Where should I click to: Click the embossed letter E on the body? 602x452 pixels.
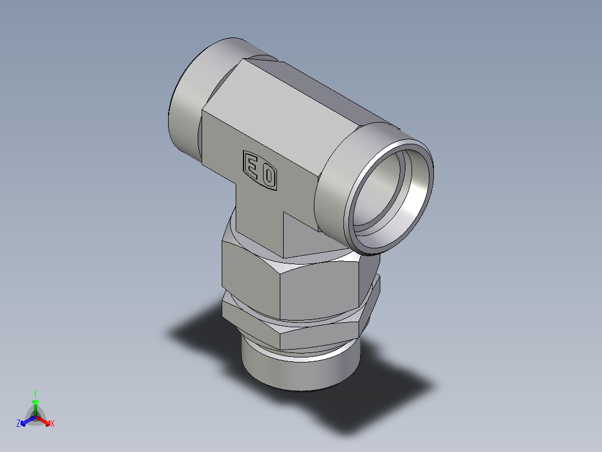coord(252,166)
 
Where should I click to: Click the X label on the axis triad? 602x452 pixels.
coord(52,424)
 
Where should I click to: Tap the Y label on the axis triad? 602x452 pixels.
coord(35,393)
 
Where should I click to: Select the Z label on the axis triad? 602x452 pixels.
coord(18,424)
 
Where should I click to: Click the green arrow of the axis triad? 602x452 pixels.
coord(35,405)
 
